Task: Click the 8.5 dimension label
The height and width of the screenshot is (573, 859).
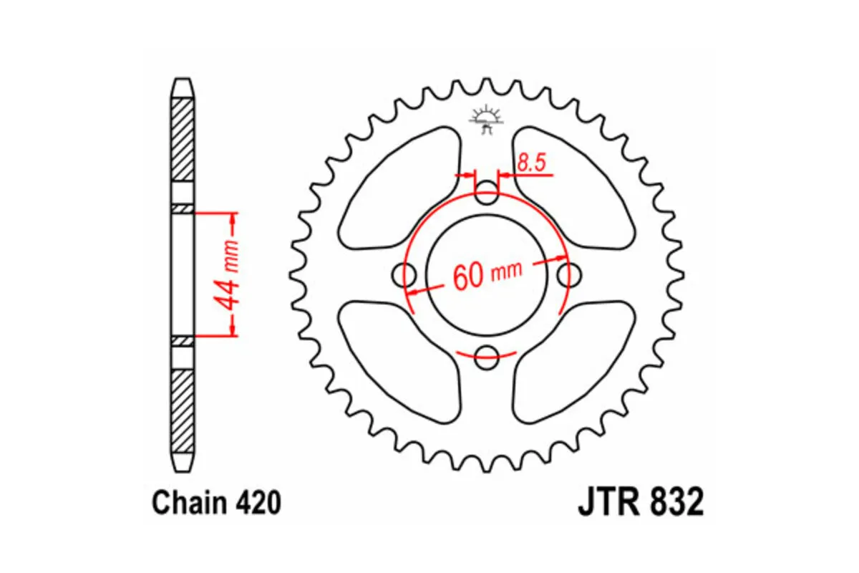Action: (x=532, y=163)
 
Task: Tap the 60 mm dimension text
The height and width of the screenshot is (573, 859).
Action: (x=487, y=274)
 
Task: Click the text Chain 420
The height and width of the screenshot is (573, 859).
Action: (x=215, y=504)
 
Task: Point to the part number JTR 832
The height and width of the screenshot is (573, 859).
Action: (x=640, y=502)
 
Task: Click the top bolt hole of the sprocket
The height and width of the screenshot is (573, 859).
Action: (x=487, y=192)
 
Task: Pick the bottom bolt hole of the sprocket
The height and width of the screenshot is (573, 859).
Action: (x=487, y=355)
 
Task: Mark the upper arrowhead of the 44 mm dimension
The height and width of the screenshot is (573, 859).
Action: (x=233, y=218)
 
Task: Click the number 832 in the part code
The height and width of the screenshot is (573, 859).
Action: (x=675, y=502)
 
